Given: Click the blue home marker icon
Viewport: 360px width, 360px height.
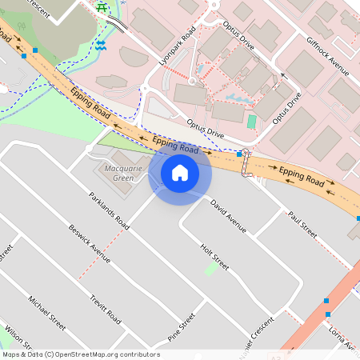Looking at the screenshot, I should (180, 173).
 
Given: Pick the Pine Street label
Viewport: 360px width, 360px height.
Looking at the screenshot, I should (182, 326).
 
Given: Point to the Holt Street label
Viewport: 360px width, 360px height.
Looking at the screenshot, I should (214, 256).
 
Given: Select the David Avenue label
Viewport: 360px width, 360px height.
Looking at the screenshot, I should (228, 216).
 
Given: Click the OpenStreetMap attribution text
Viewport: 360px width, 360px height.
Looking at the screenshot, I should (80, 354).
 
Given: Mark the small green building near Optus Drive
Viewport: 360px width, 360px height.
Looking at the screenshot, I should (252, 122).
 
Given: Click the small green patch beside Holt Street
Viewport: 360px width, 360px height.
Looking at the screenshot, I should (210, 270).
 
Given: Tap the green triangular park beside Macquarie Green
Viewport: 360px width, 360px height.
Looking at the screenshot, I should (120, 142).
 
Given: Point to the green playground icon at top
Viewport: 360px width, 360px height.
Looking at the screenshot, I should (102, 7).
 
